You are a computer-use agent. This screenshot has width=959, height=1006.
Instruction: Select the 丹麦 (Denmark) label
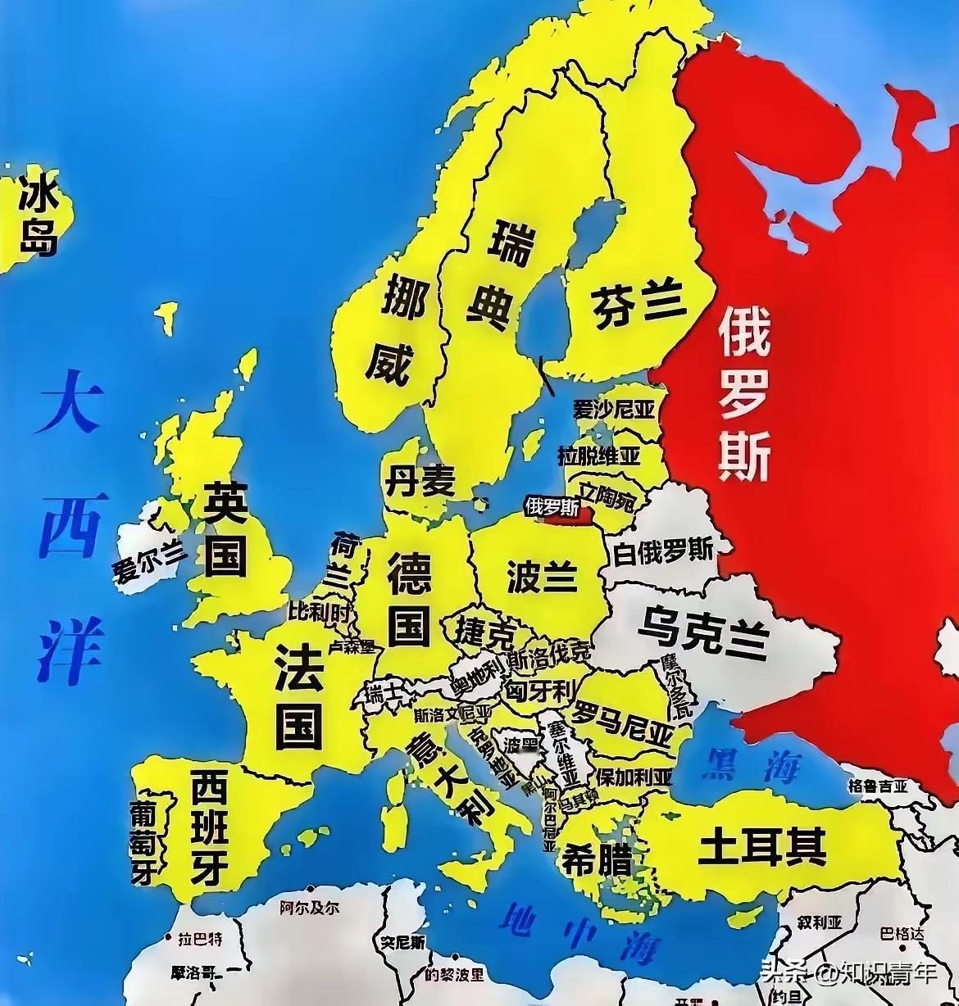pyautogui.click(x=420, y=481)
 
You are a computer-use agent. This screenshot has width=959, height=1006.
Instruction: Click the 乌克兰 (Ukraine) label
pyautogui.click(x=702, y=632)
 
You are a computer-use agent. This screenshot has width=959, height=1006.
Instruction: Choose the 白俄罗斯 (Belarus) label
pyautogui.click(x=663, y=551)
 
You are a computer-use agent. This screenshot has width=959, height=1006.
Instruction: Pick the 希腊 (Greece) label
pyautogui.click(x=596, y=860)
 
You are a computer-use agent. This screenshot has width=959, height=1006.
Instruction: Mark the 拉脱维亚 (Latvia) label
pyautogui.click(x=599, y=455)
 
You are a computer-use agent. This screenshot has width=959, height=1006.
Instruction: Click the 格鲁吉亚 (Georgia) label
pyautogui.click(x=878, y=786)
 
